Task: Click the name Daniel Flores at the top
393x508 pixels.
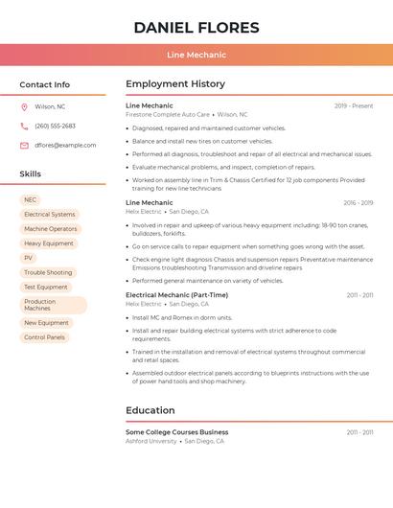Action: click(x=196, y=28)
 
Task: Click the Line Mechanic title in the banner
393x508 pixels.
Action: click(x=196, y=55)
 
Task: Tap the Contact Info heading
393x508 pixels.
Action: click(x=45, y=84)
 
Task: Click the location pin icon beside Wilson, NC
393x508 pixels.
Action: click(x=24, y=106)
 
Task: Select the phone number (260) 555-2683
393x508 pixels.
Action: click(x=55, y=126)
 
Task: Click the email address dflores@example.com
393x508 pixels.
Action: click(x=65, y=145)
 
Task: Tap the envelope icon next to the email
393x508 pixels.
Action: click(x=24, y=145)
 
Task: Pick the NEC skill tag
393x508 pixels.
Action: click(x=31, y=199)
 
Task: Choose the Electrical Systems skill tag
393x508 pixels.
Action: click(x=50, y=215)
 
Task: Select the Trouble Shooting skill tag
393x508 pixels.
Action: click(x=48, y=272)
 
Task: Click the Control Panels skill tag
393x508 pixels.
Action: click(x=45, y=337)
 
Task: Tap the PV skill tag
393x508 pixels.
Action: click(x=29, y=258)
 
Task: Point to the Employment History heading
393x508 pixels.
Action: click(x=175, y=84)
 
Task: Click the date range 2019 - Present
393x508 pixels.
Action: click(x=354, y=105)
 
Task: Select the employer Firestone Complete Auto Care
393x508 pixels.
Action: click(x=168, y=114)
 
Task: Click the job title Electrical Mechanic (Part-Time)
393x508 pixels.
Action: click(x=176, y=295)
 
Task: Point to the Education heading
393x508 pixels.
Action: click(x=150, y=410)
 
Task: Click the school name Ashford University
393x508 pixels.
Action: click(x=151, y=441)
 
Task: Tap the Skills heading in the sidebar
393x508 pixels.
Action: click(x=31, y=173)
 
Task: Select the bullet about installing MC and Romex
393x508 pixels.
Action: click(x=182, y=317)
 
